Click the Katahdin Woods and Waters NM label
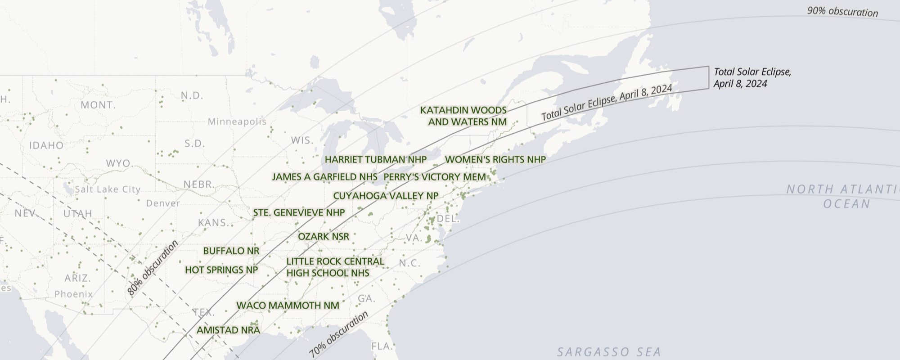click(x=463, y=116)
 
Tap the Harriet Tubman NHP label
click(x=376, y=160)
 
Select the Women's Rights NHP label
click(x=495, y=160)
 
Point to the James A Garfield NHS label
click(x=324, y=177)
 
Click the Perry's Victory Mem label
click(x=435, y=177)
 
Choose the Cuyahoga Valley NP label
click(x=386, y=196)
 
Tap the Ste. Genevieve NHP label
click(x=299, y=213)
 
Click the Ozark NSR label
click(x=324, y=237)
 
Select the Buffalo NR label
click(x=231, y=251)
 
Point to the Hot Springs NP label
click(x=221, y=270)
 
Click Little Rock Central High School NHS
click(x=335, y=267)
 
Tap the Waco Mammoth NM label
click(x=288, y=306)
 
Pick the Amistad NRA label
click(x=229, y=330)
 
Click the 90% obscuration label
click(x=842, y=12)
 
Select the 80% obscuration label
click(x=153, y=268)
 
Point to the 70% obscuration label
click(x=339, y=334)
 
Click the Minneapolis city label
click(x=237, y=122)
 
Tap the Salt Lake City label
click(x=108, y=189)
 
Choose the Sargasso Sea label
click(x=609, y=352)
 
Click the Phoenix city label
click(x=74, y=294)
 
